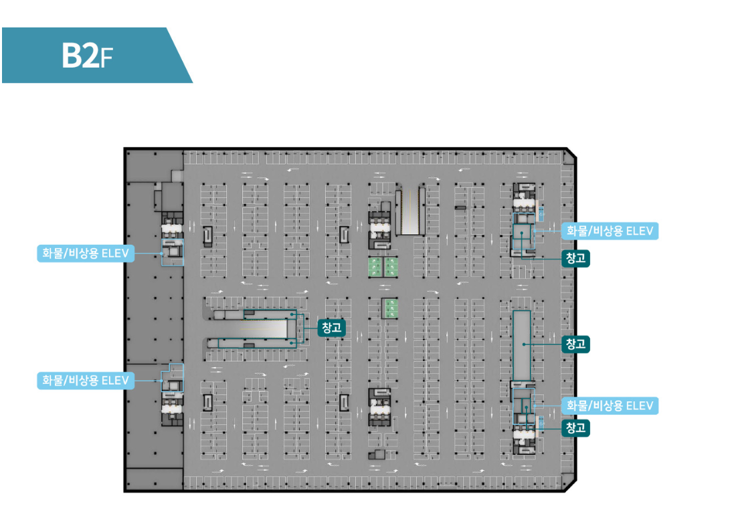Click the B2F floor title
click(x=87, y=56)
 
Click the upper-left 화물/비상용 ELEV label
click(x=85, y=253)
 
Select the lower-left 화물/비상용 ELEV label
click(x=85, y=381)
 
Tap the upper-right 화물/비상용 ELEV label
click(x=610, y=231)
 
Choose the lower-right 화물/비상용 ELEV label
click(x=610, y=406)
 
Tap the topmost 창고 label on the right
click(x=575, y=258)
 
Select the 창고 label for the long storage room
click(x=575, y=344)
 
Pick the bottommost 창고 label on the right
click(x=575, y=427)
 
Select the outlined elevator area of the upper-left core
click(x=172, y=252)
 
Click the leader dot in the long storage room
click(x=524, y=344)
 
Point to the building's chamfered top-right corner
click(x=571, y=154)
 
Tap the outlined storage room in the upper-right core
click(x=521, y=237)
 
